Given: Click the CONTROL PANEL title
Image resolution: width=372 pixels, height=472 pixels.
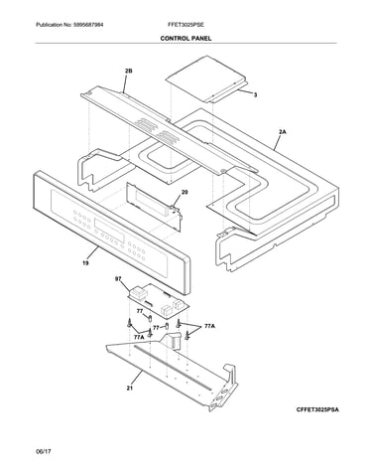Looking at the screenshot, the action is pos(186,39).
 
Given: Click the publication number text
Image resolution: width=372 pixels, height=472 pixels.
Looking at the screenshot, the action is pos(69,25).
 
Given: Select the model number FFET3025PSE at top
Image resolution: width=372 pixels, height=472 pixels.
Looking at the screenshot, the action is pos(186,25).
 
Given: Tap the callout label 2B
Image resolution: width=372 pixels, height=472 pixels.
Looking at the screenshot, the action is pos(129,71).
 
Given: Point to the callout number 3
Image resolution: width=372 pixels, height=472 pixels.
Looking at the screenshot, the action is pos(255,95).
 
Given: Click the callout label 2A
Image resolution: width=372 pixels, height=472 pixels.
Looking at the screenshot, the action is pos(282,132).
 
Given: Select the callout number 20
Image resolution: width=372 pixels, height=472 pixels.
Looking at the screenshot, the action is pos(185,192).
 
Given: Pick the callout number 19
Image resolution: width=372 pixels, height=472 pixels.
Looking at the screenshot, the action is pos(85,263).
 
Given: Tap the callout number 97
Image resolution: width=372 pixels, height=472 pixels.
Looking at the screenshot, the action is pos(118,279).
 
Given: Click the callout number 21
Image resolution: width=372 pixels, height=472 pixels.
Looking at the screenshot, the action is pos(130,388).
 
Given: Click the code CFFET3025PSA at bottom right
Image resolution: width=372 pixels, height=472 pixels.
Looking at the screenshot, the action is pos(317,409).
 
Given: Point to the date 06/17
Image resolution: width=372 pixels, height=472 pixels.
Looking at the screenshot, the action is pos(44,451).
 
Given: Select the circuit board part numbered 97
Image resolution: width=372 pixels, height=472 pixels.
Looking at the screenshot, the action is pos(158,301).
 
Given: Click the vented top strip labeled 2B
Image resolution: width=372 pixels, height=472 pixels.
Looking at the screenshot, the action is pos(169,130).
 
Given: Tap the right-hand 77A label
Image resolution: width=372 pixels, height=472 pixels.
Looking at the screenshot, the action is pos(209,326).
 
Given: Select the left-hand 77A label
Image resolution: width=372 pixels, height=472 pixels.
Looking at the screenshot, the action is pos(139,337).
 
